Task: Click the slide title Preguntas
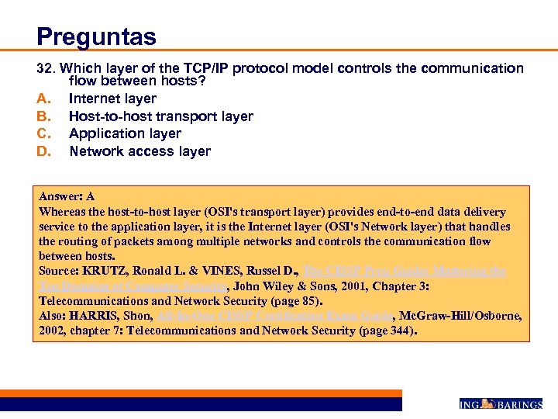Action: coord(96,36)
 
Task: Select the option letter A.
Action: coord(43,99)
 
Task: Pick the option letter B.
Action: coord(43,116)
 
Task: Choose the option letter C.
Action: coord(43,133)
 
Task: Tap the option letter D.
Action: coord(43,151)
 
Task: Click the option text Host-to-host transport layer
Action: coord(160,116)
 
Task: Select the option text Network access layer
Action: coord(139,151)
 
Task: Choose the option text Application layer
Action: coord(125,133)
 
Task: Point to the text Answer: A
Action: coord(67,197)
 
